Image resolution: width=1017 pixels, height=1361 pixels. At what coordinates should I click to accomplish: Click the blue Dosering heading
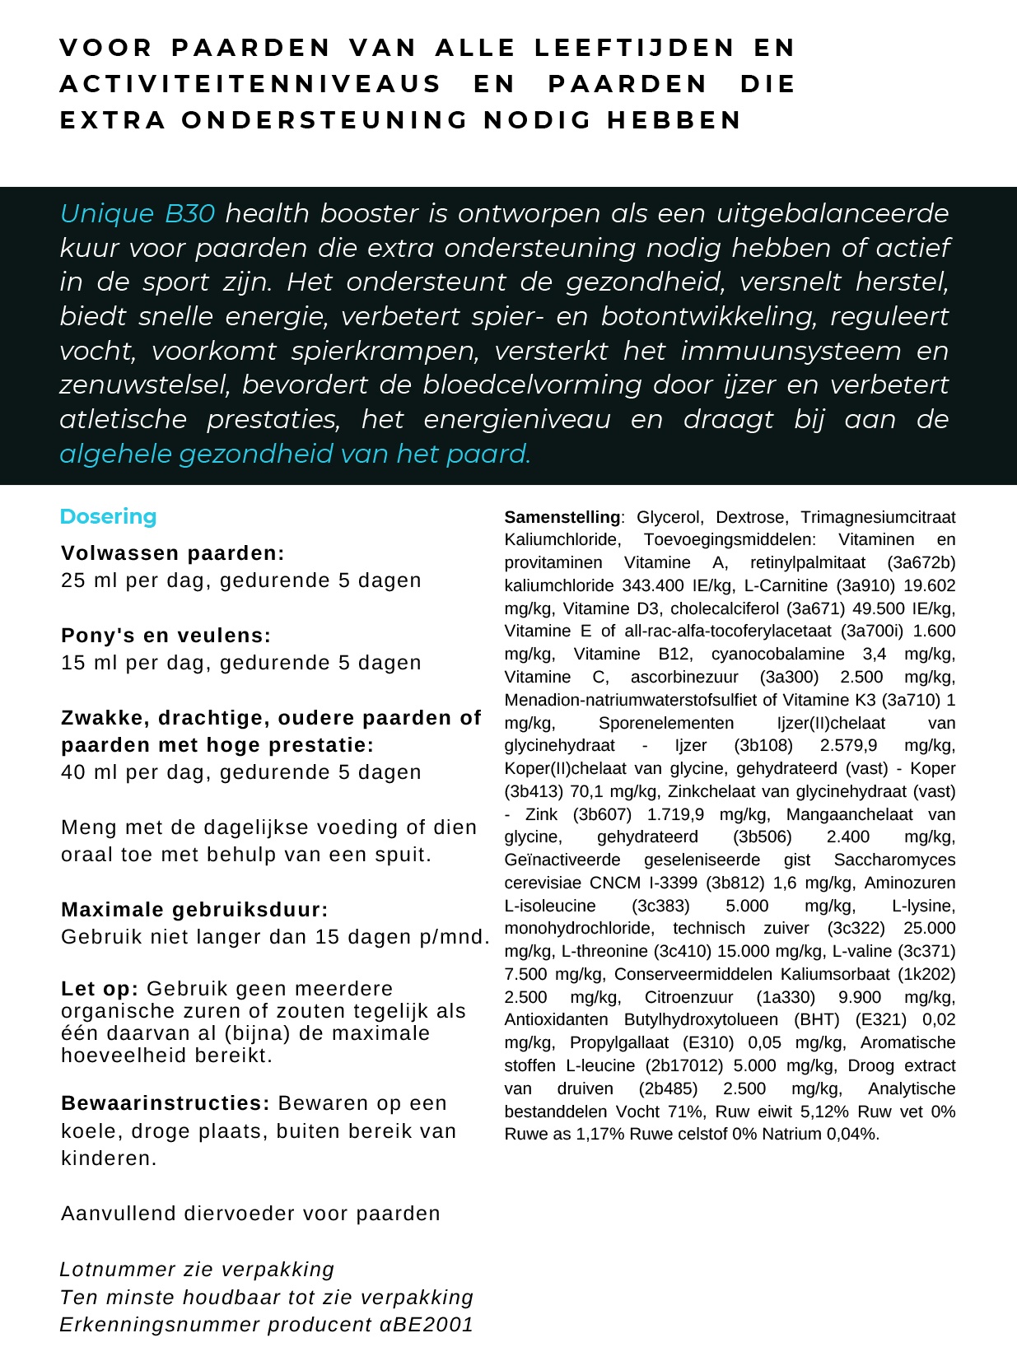click(x=108, y=516)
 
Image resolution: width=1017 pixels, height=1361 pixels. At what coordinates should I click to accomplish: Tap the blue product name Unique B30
click(x=138, y=213)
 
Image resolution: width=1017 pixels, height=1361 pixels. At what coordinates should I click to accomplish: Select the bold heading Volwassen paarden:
click(x=173, y=553)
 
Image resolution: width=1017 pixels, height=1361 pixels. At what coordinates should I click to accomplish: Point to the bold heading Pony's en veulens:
click(x=166, y=636)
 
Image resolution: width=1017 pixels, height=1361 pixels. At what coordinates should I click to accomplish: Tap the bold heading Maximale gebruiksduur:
click(x=194, y=910)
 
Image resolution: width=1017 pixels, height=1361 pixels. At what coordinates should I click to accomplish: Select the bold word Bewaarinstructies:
click(x=166, y=1103)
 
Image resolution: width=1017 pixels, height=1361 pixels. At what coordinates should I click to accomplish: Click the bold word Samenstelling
click(x=562, y=517)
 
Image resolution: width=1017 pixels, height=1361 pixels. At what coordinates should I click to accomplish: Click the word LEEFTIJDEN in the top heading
click(x=634, y=48)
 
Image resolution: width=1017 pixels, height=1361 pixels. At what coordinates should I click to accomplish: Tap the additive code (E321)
click(x=879, y=1019)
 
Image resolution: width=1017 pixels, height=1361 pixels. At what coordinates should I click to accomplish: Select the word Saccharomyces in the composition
click(x=894, y=860)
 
